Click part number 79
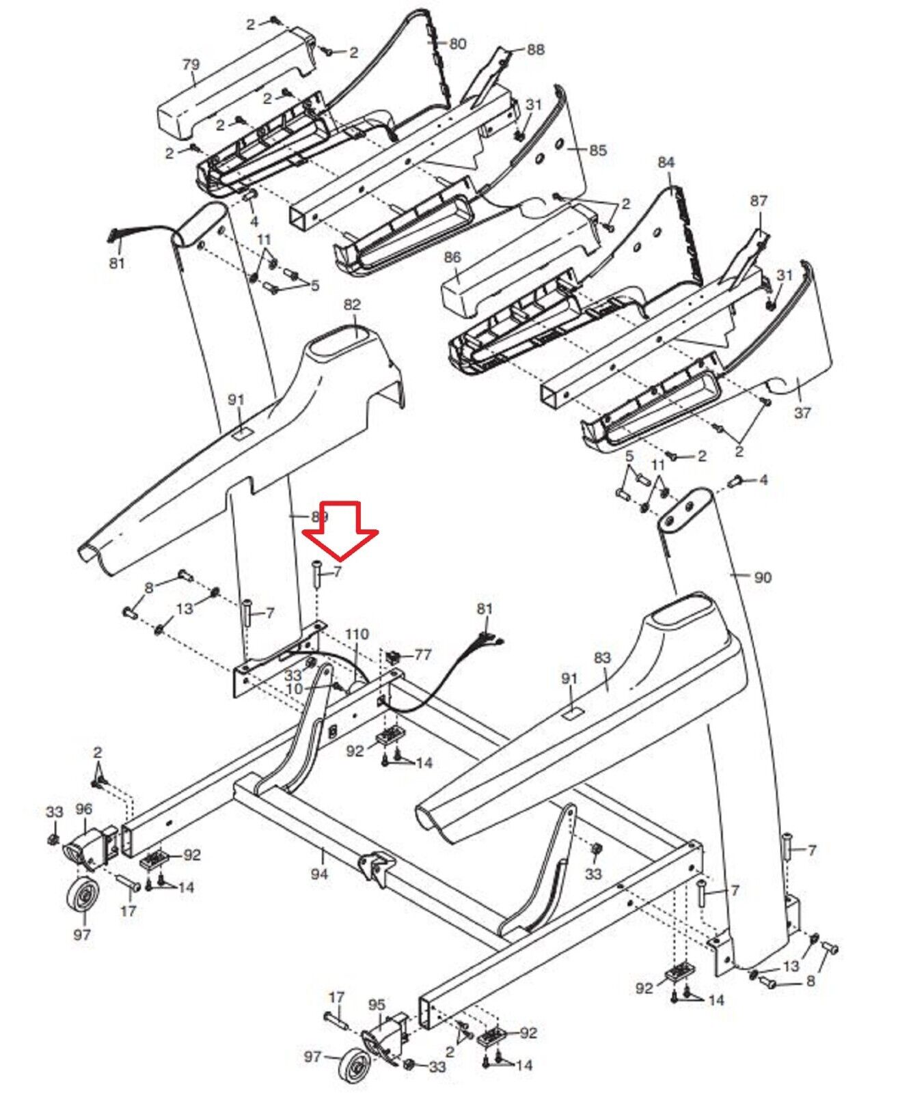(x=191, y=65)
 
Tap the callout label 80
(x=457, y=44)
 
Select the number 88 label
(x=536, y=49)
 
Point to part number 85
(x=597, y=150)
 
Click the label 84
(x=666, y=162)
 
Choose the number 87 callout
(x=759, y=201)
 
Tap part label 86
(x=452, y=258)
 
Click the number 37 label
(x=802, y=413)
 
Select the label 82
(x=352, y=304)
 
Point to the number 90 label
(x=762, y=577)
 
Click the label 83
(x=602, y=658)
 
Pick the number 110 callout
(x=357, y=635)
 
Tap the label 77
(x=423, y=655)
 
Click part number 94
(x=319, y=873)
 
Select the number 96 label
(x=83, y=809)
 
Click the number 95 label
(x=377, y=1005)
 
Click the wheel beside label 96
(x=83, y=902)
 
